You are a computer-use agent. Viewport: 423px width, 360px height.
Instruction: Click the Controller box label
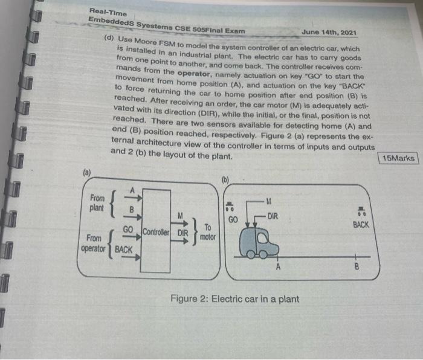pos(157,231)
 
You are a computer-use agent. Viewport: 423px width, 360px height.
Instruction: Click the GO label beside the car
pos(234,218)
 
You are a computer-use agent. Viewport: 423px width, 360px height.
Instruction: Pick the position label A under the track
pos(278,266)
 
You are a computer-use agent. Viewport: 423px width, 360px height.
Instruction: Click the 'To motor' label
pos(207,231)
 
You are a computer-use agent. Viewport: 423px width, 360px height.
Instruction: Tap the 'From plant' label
pos(97,202)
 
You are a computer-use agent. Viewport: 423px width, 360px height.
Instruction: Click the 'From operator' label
pos(93,243)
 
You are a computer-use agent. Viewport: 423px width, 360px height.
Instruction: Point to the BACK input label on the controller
pos(124,249)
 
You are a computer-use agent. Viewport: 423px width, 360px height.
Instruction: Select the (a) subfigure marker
pos(88,172)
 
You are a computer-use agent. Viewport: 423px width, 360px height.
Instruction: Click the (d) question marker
pos(109,38)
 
